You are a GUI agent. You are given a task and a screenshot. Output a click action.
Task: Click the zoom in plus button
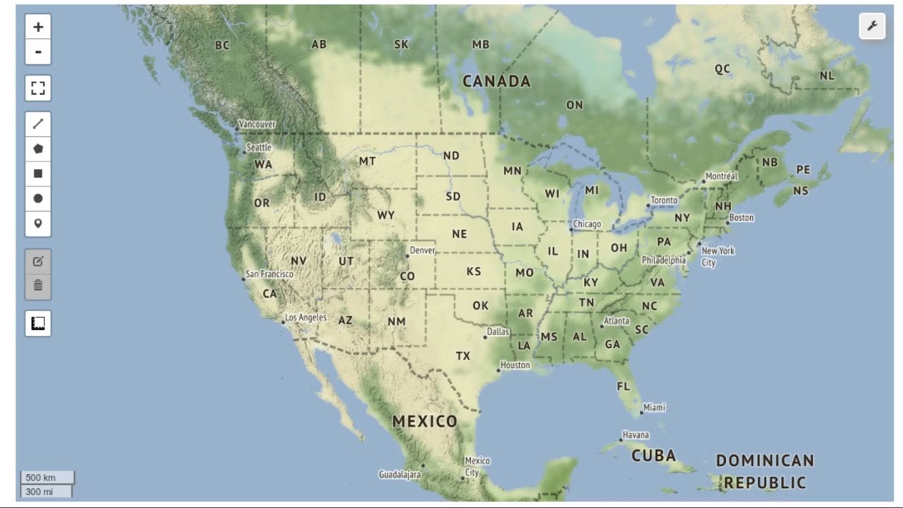click(38, 27)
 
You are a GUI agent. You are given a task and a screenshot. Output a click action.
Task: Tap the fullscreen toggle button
click(38, 88)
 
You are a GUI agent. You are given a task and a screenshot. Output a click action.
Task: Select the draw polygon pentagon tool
click(38, 149)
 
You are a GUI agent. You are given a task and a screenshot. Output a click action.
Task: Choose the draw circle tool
click(38, 198)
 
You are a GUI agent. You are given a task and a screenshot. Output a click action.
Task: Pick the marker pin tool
click(38, 224)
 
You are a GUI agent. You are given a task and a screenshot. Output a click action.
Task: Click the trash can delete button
click(38, 286)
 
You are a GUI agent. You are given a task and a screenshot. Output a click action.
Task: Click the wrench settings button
click(872, 27)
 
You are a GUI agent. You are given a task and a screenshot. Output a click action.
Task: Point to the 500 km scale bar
click(47, 478)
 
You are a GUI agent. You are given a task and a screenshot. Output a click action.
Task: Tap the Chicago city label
click(587, 224)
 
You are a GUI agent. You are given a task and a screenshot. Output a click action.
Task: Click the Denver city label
click(423, 250)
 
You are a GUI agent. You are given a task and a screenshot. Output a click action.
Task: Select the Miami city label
click(654, 408)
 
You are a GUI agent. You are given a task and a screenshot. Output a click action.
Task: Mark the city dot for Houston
click(498, 370)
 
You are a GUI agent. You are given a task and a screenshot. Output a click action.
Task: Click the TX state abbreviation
click(463, 356)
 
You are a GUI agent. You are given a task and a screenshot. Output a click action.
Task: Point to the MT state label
click(368, 161)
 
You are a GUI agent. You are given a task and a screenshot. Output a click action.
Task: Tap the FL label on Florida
click(623, 387)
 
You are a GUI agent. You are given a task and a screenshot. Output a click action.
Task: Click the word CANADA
click(497, 82)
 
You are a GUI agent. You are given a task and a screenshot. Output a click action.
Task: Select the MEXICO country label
click(425, 422)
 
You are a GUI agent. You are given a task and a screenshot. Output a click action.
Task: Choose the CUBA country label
click(653, 456)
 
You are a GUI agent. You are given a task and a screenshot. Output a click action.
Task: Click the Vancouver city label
click(257, 124)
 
